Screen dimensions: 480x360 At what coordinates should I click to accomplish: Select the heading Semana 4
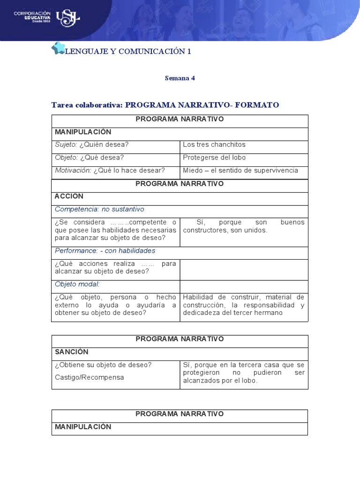180,78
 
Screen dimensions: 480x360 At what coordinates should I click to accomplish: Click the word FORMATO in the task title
257,105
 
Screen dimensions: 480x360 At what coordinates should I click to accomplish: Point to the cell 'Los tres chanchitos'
214,144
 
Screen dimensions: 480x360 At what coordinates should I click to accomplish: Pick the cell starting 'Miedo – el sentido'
240,170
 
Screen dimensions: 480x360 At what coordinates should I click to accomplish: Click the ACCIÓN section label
69,196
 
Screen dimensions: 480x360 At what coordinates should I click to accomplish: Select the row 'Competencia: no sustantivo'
99,209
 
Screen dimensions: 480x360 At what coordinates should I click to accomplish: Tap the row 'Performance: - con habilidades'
105,251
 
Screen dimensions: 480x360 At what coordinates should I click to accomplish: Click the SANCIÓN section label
72,352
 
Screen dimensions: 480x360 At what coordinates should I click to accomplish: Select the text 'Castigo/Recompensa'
90,377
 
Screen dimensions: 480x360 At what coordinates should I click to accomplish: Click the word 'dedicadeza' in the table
200,313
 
